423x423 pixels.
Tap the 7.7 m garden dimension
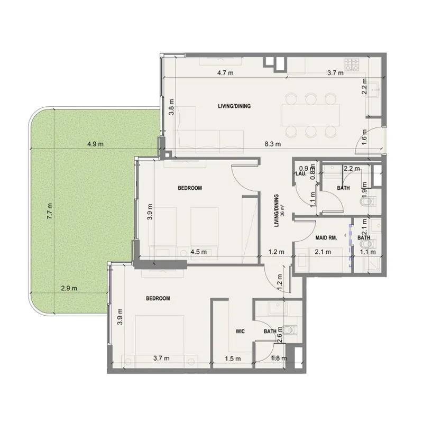click(49, 212)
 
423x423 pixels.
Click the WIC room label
click(239, 332)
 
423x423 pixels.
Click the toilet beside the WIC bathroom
click(289, 330)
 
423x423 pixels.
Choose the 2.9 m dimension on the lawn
click(69, 288)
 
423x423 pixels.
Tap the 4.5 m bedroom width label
click(198, 252)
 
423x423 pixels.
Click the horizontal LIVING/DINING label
click(234, 106)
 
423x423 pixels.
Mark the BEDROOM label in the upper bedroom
click(190, 188)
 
